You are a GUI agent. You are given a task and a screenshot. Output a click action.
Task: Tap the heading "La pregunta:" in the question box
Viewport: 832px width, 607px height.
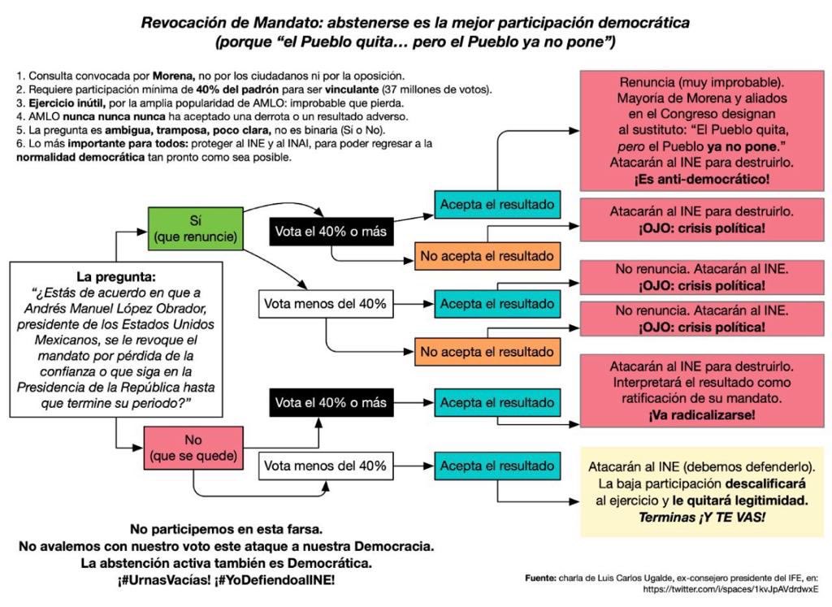(x=112, y=275)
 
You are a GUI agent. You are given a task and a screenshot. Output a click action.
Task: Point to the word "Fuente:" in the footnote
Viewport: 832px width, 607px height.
(x=540, y=578)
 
